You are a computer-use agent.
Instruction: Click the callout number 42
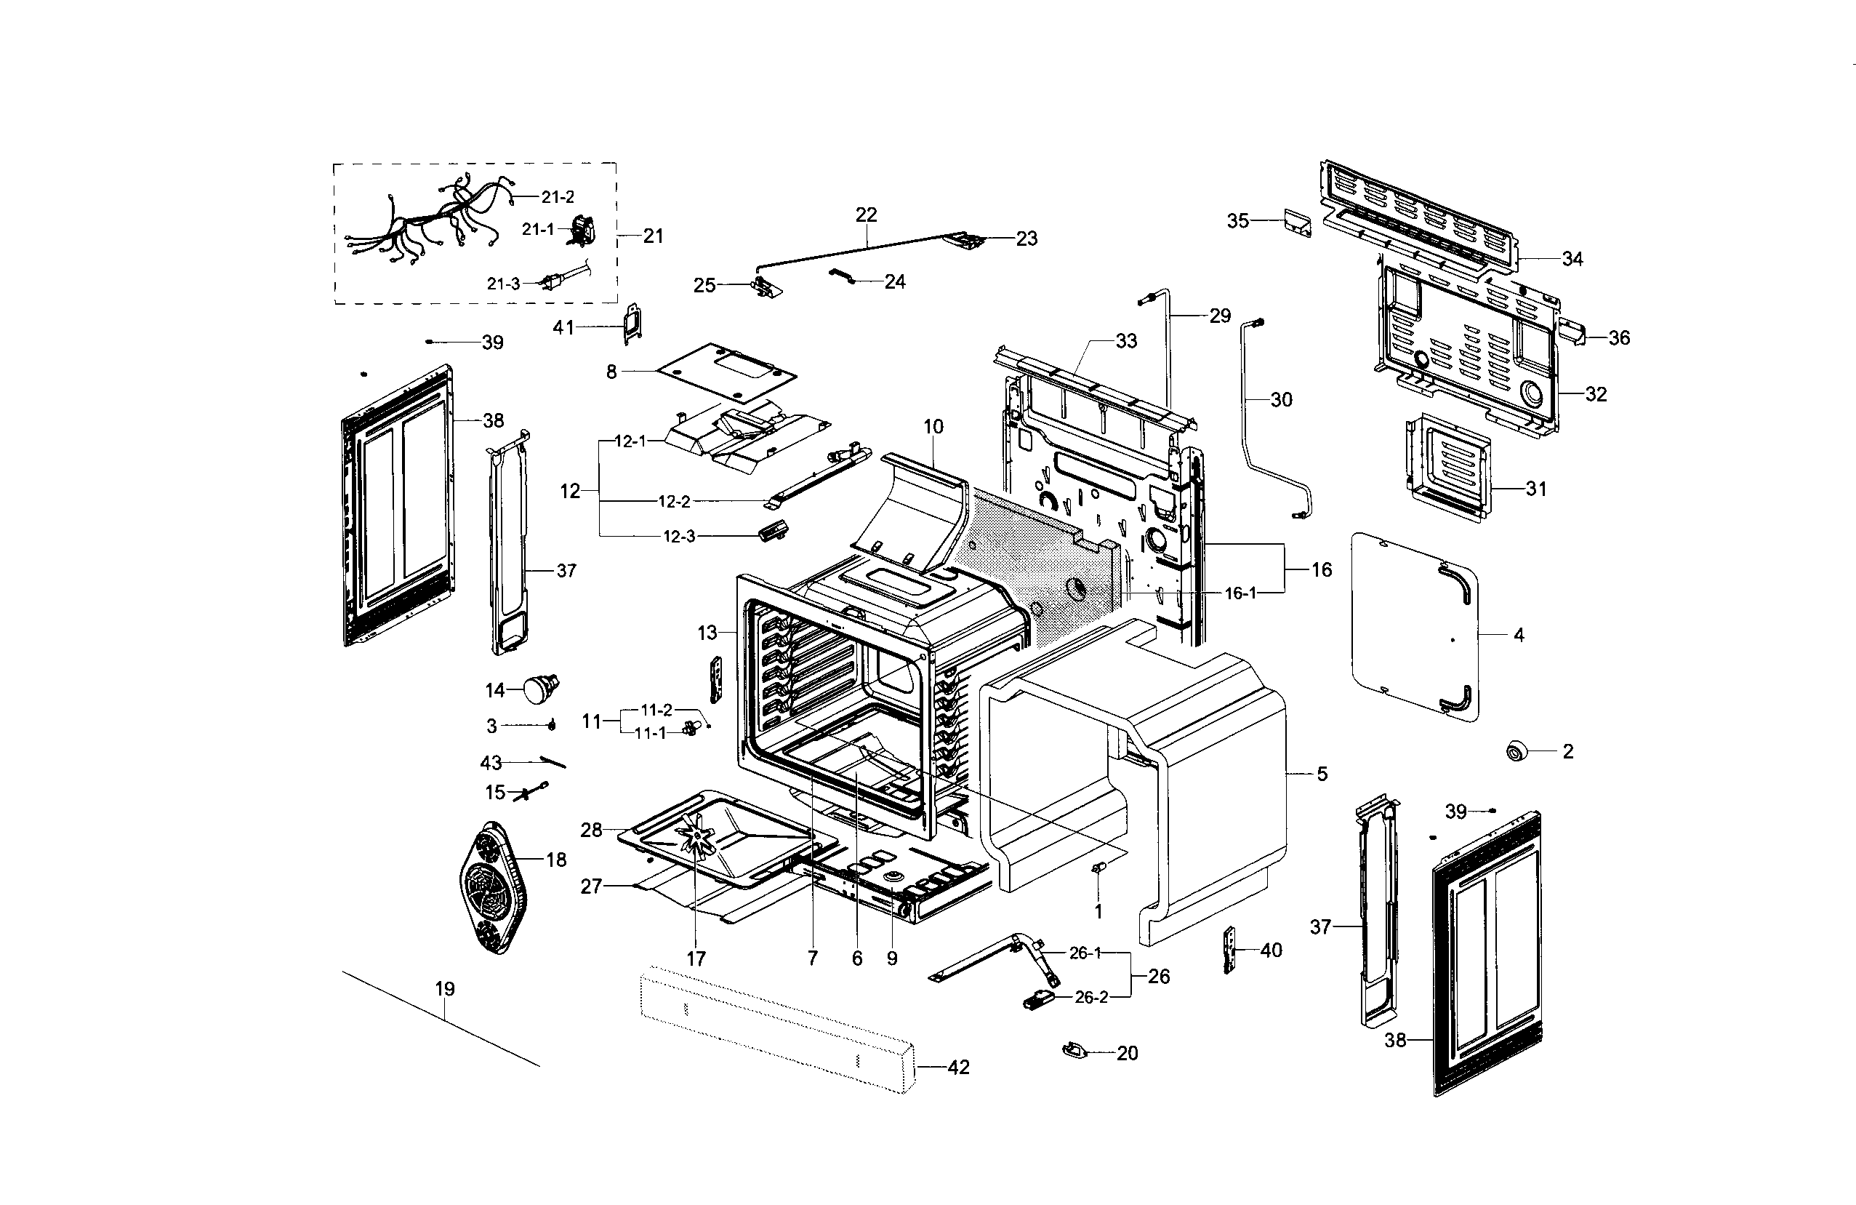click(x=957, y=1067)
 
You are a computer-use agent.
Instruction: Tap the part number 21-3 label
click(x=503, y=284)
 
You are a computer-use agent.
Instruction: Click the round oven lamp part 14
click(x=539, y=689)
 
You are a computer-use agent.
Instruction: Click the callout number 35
click(x=1237, y=221)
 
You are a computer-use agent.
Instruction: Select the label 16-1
click(x=1240, y=593)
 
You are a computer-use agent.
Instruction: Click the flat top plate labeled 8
click(x=726, y=372)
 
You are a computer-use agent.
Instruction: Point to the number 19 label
click(x=444, y=989)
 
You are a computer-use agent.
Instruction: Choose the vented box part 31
click(x=1449, y=467)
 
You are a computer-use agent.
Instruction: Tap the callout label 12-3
click(x=678, y=537)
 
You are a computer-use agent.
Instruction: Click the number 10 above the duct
click(x=933, y=427)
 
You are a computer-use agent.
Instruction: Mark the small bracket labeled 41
click(x=632, y=323)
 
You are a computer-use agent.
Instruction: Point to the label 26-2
click(x=1091, y=998)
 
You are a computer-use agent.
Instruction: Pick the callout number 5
click(x=1322, y=774)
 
